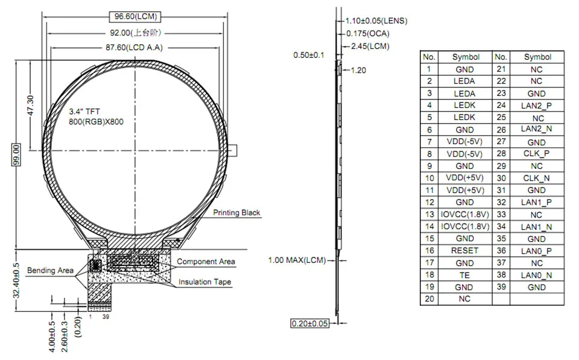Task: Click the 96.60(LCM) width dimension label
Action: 136,17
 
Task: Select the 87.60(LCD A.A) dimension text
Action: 134,48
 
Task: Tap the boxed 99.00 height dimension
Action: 16,155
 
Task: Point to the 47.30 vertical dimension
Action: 30,106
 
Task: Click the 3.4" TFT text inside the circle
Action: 84,112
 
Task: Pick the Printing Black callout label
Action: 236,213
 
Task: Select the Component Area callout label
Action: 206,262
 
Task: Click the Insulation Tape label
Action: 205,282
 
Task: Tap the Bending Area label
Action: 50,271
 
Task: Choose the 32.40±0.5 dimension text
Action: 16,280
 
